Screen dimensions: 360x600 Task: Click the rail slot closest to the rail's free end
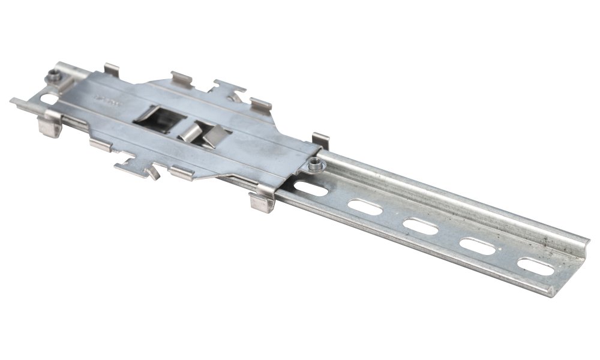click(535, 266)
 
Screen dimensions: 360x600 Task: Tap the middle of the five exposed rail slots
click(420, 227)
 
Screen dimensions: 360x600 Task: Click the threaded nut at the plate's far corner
click(54, 76)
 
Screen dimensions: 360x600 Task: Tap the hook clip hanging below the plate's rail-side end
click(262, 202)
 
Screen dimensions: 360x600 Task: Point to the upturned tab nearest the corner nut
click(111, 70)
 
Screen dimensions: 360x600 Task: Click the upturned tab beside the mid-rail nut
click(320, 140)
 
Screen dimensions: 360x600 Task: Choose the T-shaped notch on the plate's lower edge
click(132, 164)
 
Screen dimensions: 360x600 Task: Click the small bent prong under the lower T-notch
click(151, 173)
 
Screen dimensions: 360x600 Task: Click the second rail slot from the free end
click(478, 246)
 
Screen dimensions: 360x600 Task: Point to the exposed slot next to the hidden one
click(365, 208)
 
